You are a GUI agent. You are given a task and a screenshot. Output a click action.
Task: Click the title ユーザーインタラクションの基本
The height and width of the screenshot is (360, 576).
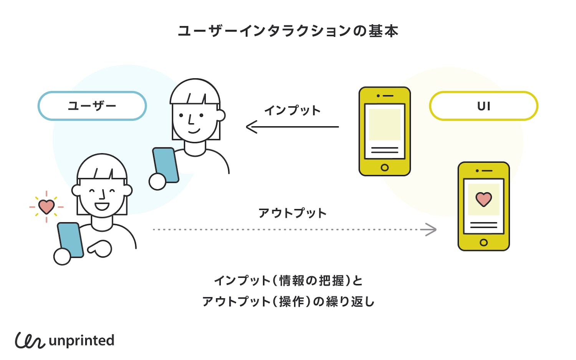tap(288, 31)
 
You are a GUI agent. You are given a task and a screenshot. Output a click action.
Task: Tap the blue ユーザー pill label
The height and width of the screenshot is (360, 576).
tap(92, 106)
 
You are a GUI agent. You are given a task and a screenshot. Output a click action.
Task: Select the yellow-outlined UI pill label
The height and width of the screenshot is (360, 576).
tap(483, 106)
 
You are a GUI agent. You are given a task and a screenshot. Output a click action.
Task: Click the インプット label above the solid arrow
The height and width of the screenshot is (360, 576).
tap(292, 111)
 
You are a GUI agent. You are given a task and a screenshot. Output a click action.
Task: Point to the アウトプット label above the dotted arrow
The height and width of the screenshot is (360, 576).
tap(292, 213)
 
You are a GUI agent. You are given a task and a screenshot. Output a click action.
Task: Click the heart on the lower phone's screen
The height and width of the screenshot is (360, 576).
tap(483, 199)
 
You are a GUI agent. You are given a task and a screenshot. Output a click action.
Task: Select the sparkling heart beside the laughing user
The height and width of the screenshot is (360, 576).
tap(46, 206)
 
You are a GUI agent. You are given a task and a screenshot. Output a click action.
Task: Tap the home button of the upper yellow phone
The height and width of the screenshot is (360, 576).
tap(384, 167)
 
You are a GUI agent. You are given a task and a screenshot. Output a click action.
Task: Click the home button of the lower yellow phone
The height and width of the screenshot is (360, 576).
tap(483, 243)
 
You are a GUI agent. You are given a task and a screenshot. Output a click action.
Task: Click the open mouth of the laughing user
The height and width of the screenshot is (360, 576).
tap(102, 206)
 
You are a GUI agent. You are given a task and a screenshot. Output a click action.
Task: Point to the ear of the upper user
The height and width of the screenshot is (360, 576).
tap(221, 115)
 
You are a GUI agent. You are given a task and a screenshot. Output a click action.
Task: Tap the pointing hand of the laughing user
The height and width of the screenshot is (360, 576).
tap(101, 249)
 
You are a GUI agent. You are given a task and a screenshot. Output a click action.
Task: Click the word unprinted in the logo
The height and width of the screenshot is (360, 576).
tap(81, 340)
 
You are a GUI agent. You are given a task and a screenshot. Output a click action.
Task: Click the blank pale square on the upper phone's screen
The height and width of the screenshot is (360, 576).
tap(384, 124)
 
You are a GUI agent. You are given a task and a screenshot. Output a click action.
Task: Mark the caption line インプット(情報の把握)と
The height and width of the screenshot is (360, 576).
tap(288, 281)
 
